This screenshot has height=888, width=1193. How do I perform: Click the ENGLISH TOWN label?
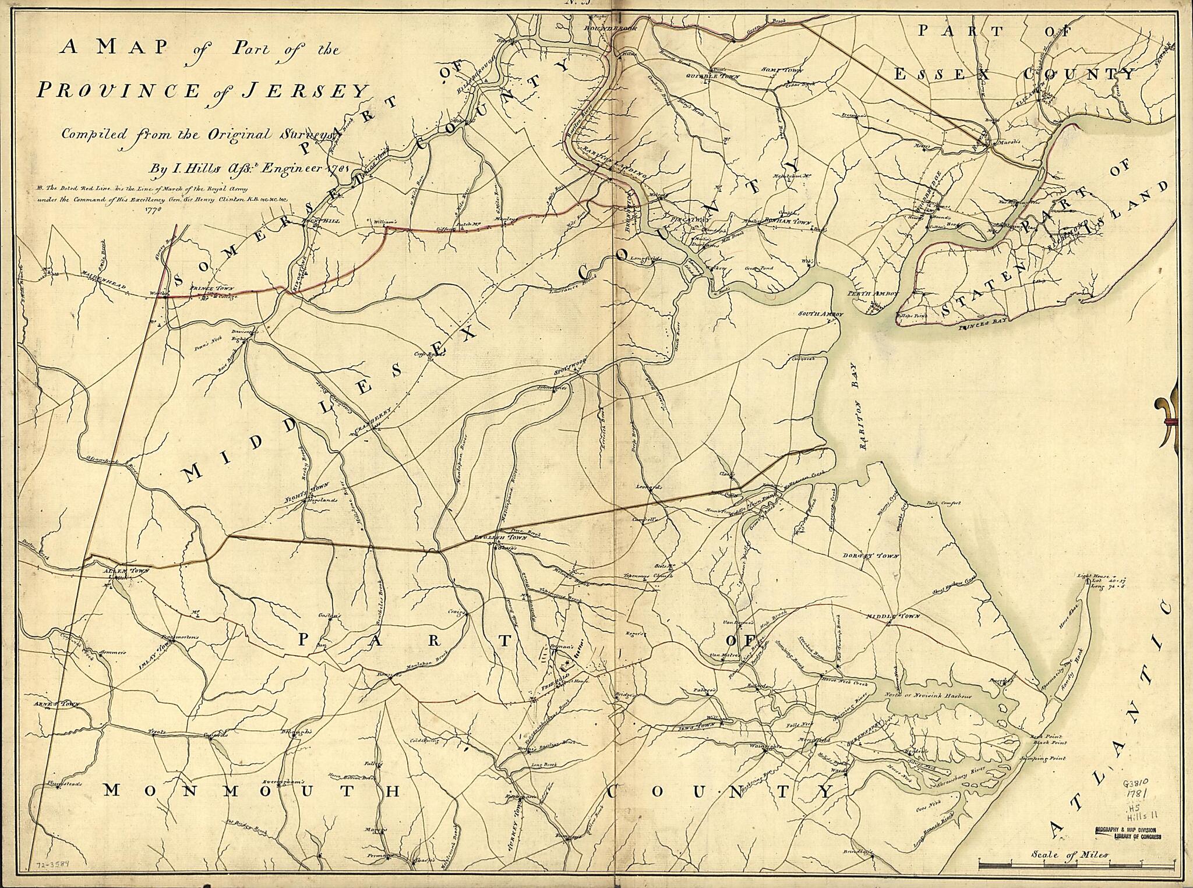coord(493,538)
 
